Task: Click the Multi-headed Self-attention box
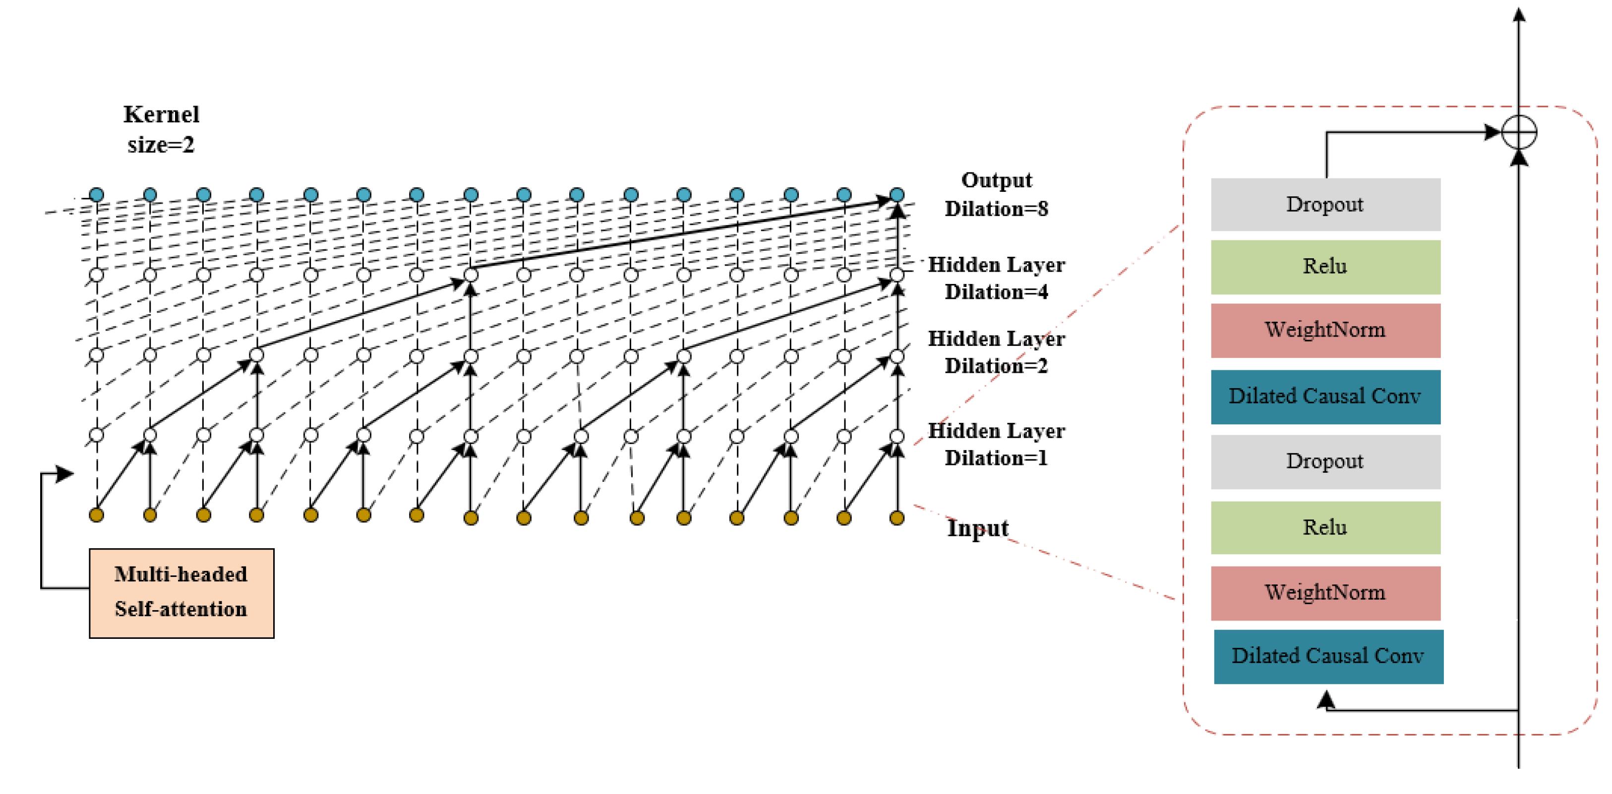point(181,593)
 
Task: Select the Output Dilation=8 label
point(996,194)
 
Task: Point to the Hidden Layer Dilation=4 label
point(996,278)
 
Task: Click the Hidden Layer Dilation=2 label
point(996,351)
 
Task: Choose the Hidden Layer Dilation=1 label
point(996,444)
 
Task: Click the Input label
point(977,528)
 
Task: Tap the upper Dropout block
point(1325,205)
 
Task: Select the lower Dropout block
point(1325,461)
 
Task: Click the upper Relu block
point(1325,267)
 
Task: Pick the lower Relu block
point(1325,527)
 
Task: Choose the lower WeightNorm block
point(1325,593)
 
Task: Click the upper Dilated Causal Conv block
point(1325,397)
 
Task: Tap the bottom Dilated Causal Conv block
point(1328,656)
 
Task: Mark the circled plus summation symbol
point(1519,132)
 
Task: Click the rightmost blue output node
point(896,195)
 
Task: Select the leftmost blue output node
point(96,195)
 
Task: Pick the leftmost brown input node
point(96,515)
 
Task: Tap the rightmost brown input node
point(896,517)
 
